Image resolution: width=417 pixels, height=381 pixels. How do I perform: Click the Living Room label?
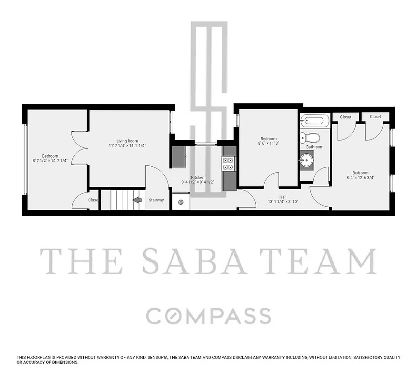pos(127,141)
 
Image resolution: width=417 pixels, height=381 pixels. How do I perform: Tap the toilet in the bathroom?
pos(311,138)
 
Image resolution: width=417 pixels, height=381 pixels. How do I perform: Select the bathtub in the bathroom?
pos(314,120)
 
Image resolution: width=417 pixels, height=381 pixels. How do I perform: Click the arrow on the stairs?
pos(137,200)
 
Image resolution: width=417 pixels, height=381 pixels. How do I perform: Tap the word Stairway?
pos(156,200)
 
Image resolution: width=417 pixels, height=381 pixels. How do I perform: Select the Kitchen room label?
pos(198,178)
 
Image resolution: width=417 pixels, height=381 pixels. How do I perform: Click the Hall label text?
pos(283,197)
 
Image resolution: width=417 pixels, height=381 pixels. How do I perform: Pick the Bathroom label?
pos(315,147)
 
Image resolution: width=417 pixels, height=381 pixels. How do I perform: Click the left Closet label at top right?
pos(346,117)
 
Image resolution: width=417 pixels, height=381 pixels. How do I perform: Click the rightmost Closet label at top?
pos(375,117)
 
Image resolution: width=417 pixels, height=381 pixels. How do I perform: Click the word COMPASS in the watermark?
pos(208,316)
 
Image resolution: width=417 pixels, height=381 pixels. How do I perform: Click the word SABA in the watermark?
pos(194,261)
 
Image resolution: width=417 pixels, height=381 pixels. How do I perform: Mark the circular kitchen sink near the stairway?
pos(181,202)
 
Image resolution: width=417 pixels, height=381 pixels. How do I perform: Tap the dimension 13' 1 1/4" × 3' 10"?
pos(283,202)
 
